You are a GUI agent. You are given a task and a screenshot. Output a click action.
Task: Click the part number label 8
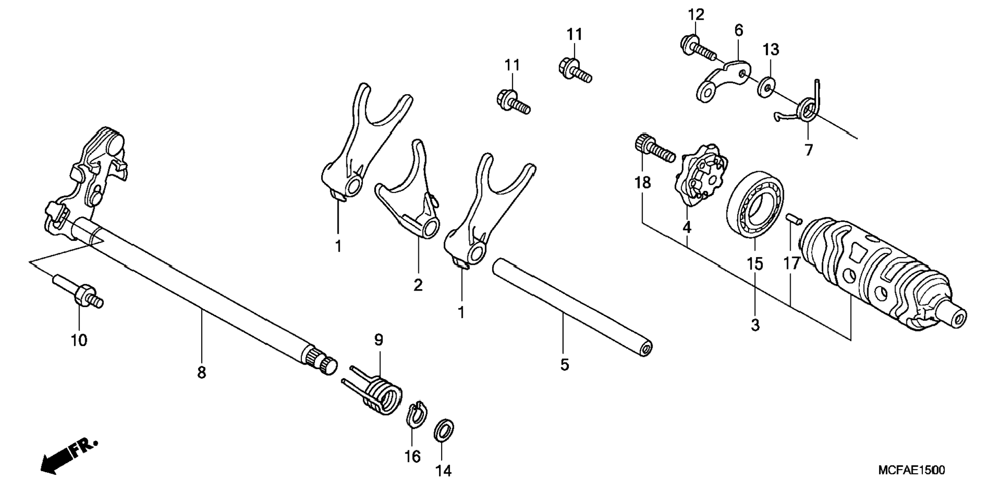[202, 372]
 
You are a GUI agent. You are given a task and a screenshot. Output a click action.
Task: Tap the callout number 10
[79, 340]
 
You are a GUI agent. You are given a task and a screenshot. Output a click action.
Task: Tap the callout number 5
[564, 365]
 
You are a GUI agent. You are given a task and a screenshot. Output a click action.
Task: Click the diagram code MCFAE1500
[911, 470]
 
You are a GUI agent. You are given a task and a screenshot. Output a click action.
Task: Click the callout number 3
[755, 325]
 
